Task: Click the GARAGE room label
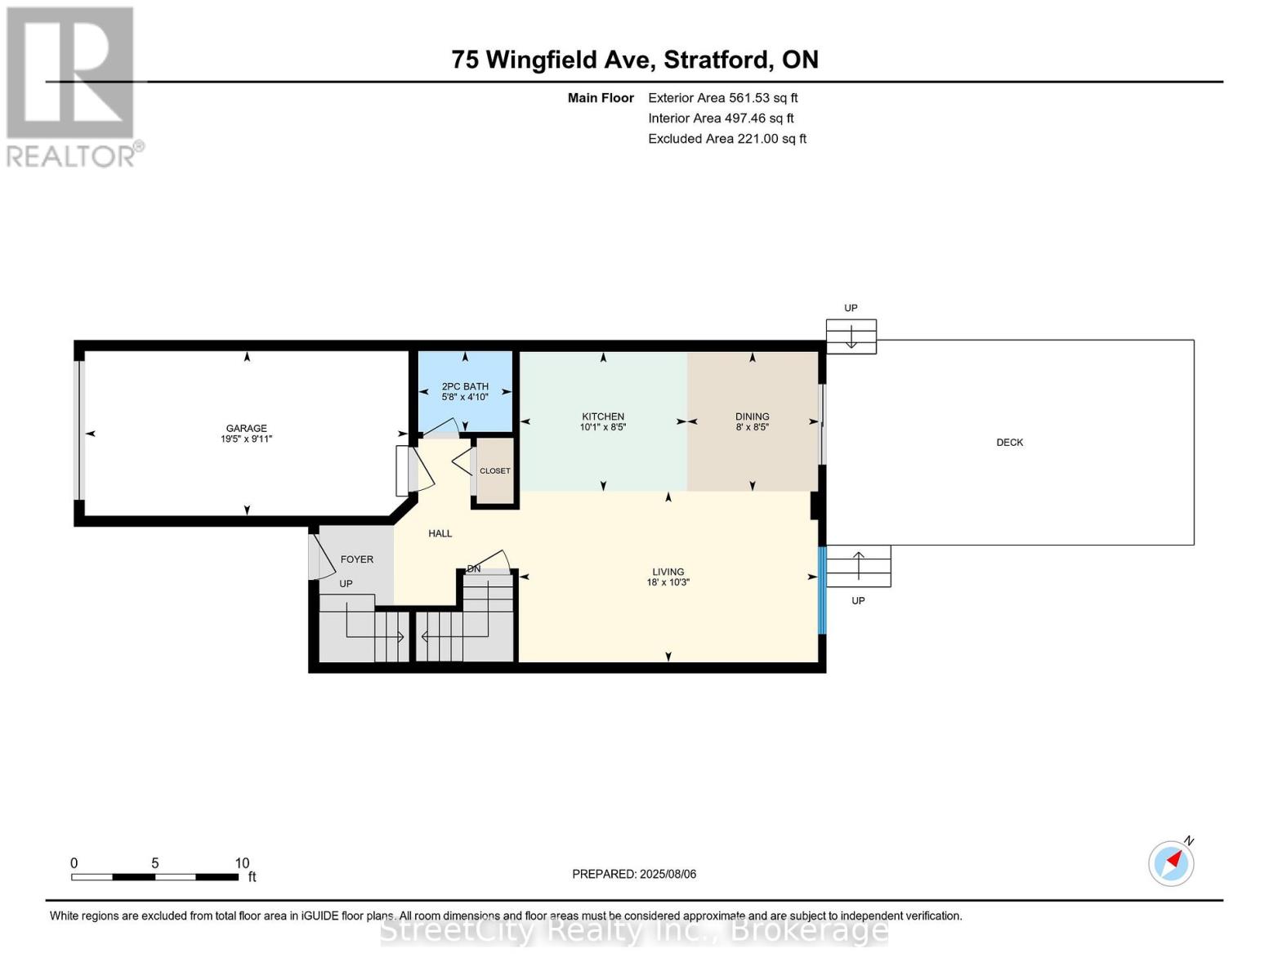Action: coord(246,428)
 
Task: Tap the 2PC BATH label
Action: coord(465,386)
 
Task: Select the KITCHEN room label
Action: coord(603,416)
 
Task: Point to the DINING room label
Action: coord(752,416)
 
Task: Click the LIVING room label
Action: coord(668,572)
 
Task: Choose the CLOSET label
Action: coord(494,471)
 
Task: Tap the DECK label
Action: coord(1009,443)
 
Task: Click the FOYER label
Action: coord(356,559)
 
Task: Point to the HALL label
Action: coord(440,533)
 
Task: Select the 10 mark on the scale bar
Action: coord(242,863)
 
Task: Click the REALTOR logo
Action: coord(72,86)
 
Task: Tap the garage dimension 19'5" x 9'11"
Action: coord(246,439)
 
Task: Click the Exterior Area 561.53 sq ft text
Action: coord(722,98)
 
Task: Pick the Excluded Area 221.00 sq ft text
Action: coord(726,139)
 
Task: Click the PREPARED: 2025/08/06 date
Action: coord(634,874)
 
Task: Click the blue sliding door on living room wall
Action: coord(822,590)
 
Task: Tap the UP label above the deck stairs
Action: coord(851,308)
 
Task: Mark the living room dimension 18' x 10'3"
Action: coord(668,583)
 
